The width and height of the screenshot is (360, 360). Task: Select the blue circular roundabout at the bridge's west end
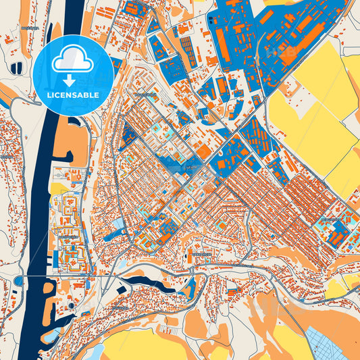[x=18, y=280]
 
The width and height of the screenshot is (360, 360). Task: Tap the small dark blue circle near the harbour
[x=70, y=305]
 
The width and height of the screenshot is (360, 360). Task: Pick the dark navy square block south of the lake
[x=121, y=289]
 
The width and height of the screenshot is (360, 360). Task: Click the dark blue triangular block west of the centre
[x=126, y=138]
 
